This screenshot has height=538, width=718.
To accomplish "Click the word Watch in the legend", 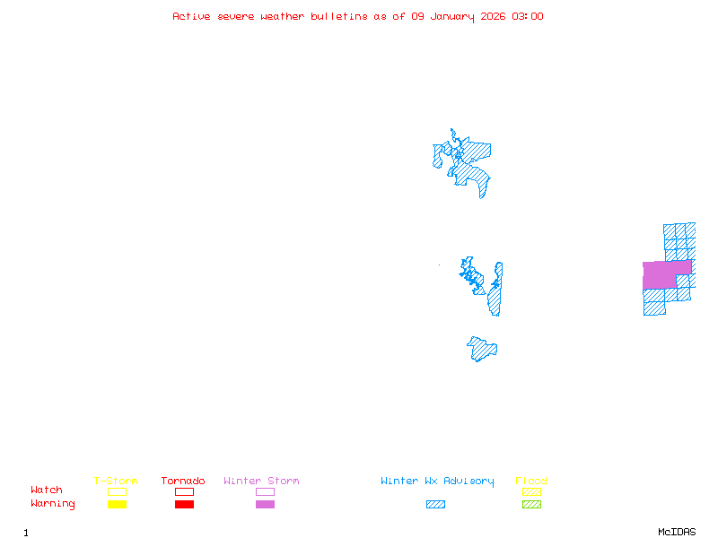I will point(47,490).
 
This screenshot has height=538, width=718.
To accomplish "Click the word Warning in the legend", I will point(53,504).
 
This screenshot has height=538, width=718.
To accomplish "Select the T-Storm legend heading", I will point(116,482).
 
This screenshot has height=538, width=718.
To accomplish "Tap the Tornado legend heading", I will point(183,482).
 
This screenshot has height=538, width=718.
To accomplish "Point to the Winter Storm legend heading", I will point(261,482).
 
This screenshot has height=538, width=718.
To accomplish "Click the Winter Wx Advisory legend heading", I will point(437,482).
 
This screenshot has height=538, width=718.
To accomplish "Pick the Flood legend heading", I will point(531,482).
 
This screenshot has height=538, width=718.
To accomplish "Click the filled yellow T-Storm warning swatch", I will point(117,505).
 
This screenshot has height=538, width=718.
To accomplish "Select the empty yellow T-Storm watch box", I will point(117,491).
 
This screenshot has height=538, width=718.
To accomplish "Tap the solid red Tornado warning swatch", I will point(184,505).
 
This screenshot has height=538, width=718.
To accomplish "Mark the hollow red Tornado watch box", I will point(184,491).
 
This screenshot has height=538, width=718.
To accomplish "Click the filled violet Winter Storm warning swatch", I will point(265,505).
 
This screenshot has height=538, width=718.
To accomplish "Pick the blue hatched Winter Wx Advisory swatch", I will point(435,505).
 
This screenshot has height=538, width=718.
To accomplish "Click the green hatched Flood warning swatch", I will point(531,505).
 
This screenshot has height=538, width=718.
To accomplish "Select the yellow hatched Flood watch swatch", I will point(531,491).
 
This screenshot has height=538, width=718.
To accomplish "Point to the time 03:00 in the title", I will point(527,16).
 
